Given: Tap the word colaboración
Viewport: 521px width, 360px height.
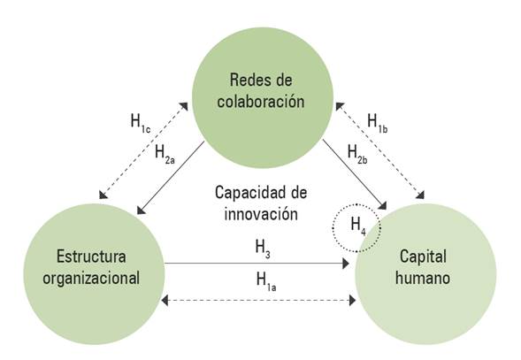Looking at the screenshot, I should (264, 100).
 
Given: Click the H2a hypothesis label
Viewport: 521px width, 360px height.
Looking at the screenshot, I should (165, 152).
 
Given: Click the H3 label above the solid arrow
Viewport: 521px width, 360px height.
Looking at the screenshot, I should (261, 250).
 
